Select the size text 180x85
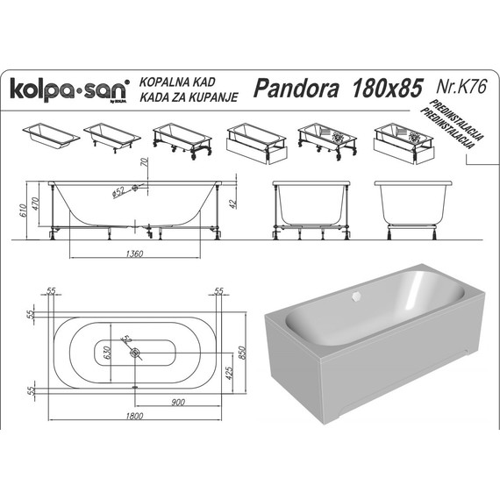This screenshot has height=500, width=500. click(385, 88)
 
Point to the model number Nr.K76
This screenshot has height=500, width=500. click(461, 86)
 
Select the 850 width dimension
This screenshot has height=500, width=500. click(254, 346)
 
